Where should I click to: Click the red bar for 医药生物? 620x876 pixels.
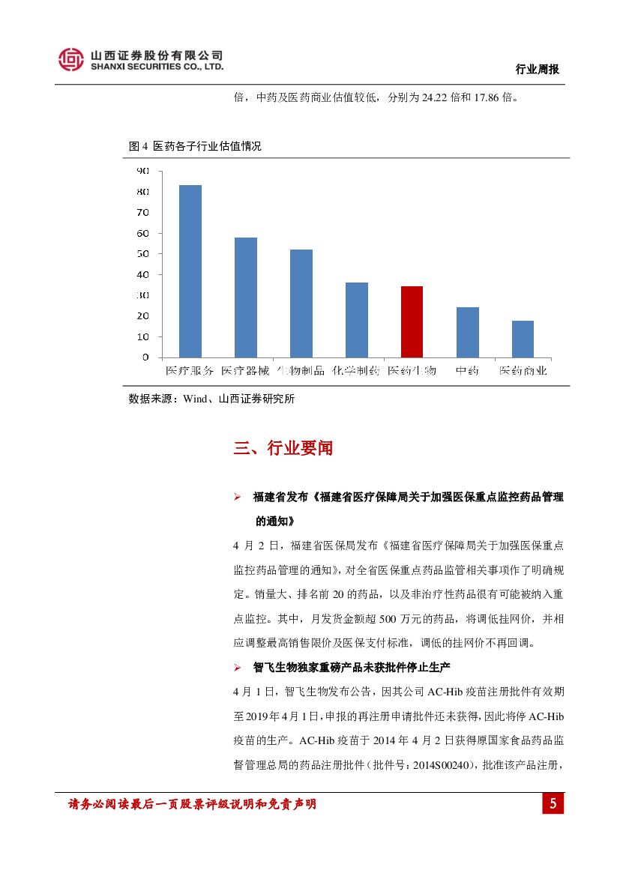click(412, 321)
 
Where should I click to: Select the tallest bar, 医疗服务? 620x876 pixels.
click(190, 271)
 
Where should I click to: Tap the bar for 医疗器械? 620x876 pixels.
click(245, 297)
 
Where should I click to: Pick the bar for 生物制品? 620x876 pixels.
click(301, 303)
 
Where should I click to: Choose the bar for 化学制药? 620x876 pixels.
click(356, 319)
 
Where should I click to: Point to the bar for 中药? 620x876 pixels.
click(467, 332)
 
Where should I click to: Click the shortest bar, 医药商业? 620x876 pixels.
click(523, 339)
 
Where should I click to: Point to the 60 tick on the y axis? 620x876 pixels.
click(142, 233)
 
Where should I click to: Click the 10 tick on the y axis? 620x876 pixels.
click(142, 336)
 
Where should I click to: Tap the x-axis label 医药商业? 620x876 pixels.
click(523, 370)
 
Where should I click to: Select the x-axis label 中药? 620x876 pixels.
click(467, 370)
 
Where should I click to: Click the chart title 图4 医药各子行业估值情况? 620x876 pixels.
click(195, 146)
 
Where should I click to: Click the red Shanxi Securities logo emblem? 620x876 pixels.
click(71, 59)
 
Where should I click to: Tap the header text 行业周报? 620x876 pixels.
click(538, 69)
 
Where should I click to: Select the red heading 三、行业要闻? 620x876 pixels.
click(283, 448)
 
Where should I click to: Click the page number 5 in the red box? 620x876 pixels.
click(553, 804)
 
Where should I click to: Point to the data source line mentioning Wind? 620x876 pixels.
click(211, 399)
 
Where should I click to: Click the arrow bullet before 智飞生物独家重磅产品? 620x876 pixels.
click(237, 666)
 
